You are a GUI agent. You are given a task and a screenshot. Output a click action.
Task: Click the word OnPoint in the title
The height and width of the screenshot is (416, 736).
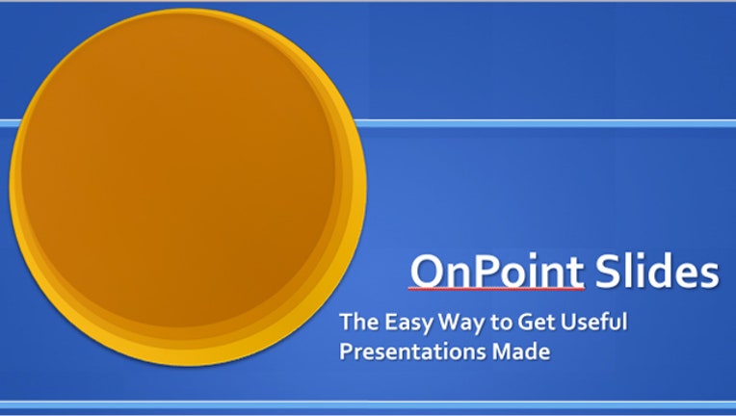pos(497,272)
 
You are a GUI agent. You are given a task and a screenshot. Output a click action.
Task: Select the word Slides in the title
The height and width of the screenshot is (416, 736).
pos(657,272)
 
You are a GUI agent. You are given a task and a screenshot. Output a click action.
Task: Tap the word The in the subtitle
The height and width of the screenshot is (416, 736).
pos(359,322)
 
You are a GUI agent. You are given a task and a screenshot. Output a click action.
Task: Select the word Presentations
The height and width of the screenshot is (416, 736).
pos(412,351)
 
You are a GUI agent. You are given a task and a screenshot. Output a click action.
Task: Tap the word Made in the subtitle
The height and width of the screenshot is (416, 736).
pos(520,351)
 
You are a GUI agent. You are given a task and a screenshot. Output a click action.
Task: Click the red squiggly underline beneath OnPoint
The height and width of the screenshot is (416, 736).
pos(497,289)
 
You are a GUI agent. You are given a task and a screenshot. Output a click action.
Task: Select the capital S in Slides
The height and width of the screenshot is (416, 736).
pos(606,272)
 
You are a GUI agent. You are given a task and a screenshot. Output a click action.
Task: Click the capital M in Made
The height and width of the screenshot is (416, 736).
pos(504,351)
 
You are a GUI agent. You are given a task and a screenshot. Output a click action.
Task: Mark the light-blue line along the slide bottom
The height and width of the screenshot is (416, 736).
pos(368,404)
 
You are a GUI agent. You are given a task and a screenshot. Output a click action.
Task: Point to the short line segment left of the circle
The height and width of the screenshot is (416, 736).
pos(10,123)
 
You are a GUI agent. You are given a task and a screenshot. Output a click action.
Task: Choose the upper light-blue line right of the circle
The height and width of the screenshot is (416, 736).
pos(544,123)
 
